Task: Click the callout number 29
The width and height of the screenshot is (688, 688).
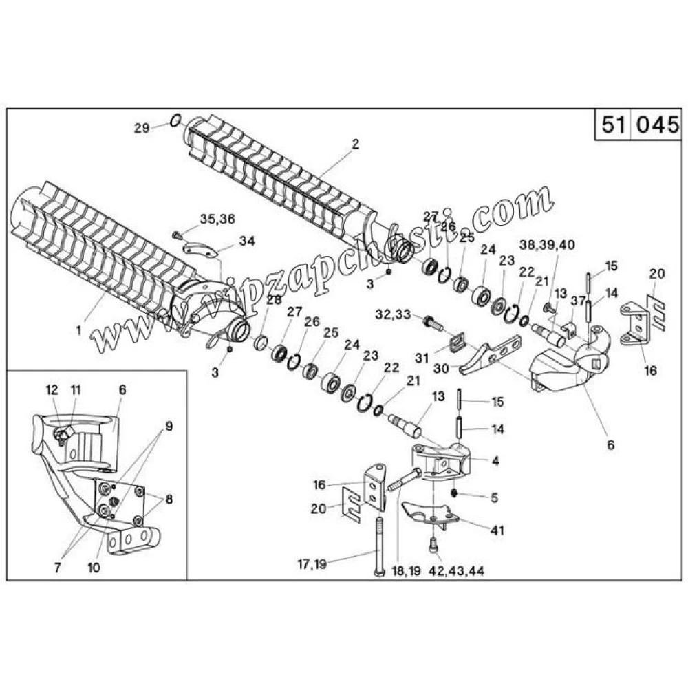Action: [141, 127]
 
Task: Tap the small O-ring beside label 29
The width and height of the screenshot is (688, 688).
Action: [175, 122]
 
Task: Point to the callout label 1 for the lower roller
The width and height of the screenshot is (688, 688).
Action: [79, 330]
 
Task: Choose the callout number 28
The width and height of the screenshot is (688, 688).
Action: [274, 299]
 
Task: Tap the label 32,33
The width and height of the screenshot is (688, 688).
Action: [394, 314]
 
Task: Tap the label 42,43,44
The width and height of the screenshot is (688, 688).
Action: [456, 572]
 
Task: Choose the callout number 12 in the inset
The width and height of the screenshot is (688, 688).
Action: [52, 389]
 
